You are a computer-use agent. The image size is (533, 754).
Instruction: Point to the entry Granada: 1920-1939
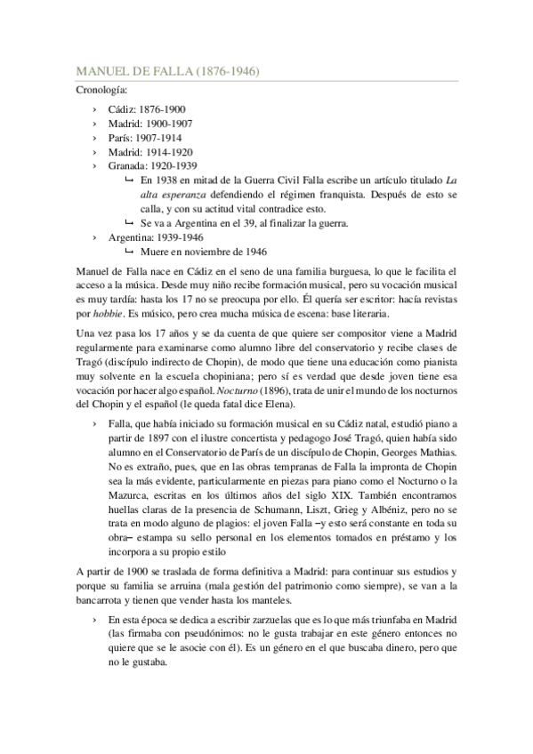pyautogui.click(x=152, y=166)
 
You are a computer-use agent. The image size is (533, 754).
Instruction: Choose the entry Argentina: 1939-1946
pyautogui.click(x=156, y=238)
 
